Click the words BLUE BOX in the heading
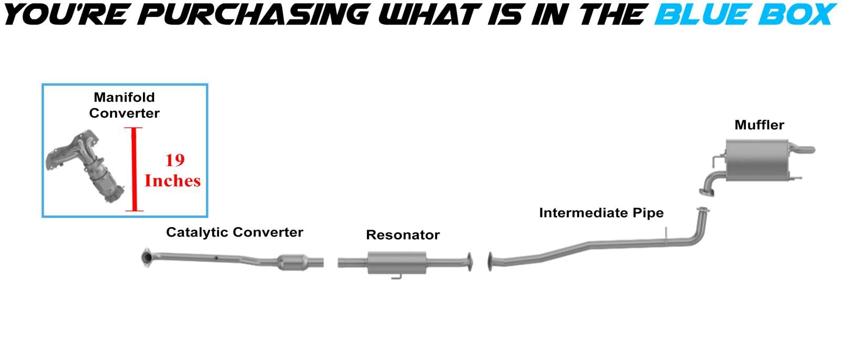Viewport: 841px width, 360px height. (x=745, y=15)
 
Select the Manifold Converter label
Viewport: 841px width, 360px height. (x=124, y=105)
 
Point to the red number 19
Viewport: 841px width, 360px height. (x=175, y=160)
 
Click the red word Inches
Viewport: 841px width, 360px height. (x=172, y=181)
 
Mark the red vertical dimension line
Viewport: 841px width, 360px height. (x=134, y=169)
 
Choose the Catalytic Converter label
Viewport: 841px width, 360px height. (x=234, y=232)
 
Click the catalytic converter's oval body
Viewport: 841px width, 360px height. (x=293, y=262)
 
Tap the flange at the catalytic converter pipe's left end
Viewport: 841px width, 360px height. (x=147, y=257)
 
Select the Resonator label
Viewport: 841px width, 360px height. (x=403, y=235)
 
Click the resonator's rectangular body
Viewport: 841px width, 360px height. (x=397, y=263)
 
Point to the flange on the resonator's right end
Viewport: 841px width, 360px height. (x=468, y=262)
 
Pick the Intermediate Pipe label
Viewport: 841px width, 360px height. (x=601, y=213)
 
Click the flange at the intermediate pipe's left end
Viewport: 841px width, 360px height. (x=490, y=262)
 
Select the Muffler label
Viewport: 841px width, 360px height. (x=759, y=125)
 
